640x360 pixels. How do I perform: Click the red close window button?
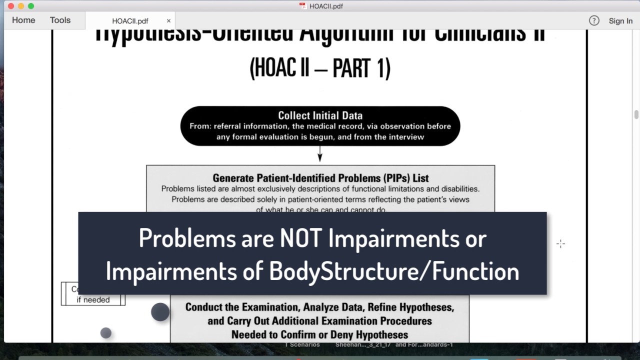[11, 6]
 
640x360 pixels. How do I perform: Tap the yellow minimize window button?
[21, 6]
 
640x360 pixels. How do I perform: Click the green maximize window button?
[31, 6]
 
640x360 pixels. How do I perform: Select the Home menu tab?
[23, 20]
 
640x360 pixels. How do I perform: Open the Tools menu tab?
[60, 20]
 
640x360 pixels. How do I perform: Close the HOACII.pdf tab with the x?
[168, 21]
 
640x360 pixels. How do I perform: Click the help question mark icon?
[594, 20]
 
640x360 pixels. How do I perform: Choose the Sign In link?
[620, 21]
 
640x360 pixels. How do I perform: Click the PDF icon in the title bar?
[302, 6]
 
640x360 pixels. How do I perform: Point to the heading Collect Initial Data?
[320, 115]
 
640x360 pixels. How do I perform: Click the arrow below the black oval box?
[320, 154]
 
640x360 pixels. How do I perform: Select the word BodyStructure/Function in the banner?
[394, 271]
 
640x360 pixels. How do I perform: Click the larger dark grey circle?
[160, 312]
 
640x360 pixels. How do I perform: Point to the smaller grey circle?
[105, 333]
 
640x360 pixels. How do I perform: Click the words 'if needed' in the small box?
[93, 300]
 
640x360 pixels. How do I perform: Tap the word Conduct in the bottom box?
[206, 307]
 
